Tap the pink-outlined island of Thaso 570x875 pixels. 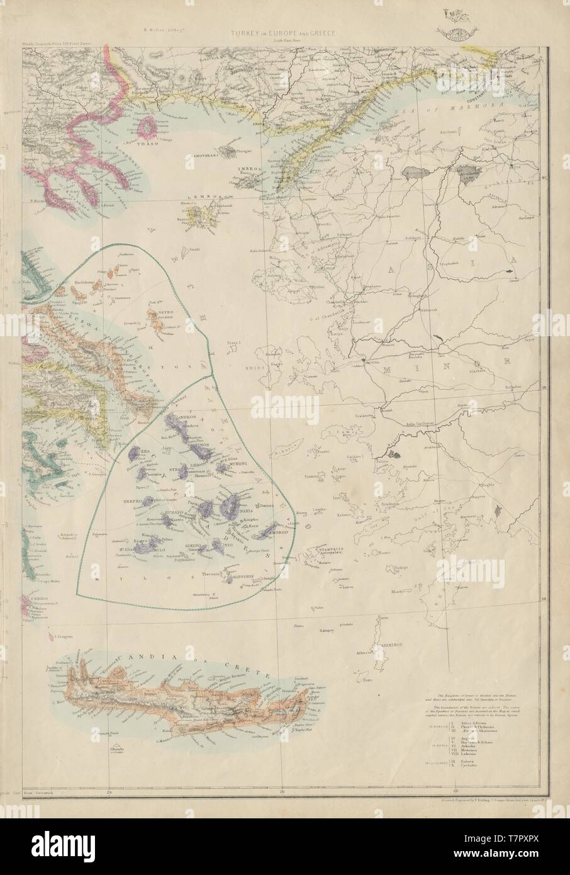click(149, 127)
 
